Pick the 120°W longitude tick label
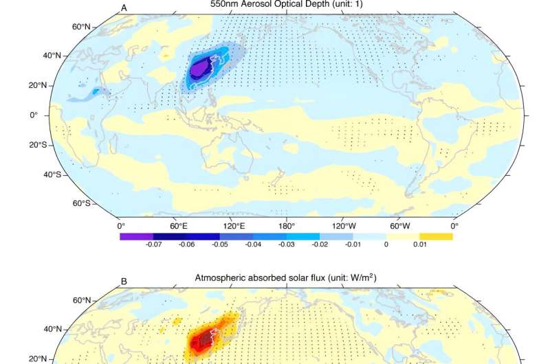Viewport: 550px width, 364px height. pyautogui.click(x=343, y=225)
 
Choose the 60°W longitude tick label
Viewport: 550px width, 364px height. pyautogui.click(x=399, y=225)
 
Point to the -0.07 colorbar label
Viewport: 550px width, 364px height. pyautogui.click(x=153, y=244)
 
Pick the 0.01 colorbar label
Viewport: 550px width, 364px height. pyautogui.click(x=419, y=244)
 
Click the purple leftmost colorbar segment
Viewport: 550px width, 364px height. pyautogui.click(x=136, y=236)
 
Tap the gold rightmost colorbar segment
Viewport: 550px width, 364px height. pyautogui.click(x=437, y=236)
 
